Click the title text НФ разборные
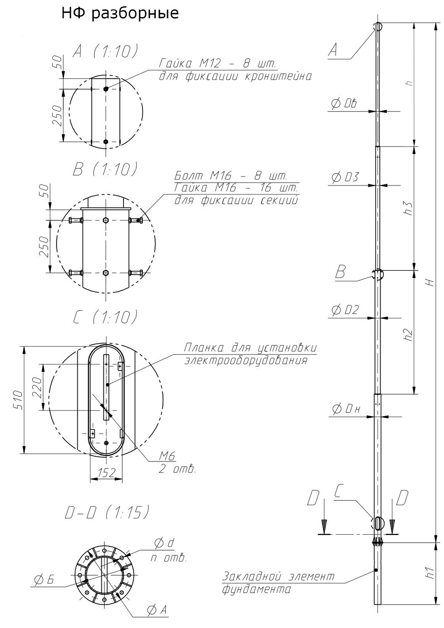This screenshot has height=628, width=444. [x=120, y=14]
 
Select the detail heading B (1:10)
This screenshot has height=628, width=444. [x=105, y=169]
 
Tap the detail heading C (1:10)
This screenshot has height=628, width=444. [x=105, y=317]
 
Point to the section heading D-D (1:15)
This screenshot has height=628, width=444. [x=107, y=512]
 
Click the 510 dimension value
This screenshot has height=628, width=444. [x=17, y=400]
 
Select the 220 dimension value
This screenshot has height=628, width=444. [x=37, y=387]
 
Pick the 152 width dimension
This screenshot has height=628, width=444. [x=106, y=473]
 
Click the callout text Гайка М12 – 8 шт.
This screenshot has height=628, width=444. [x=217, y=64]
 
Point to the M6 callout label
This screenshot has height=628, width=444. [x=166, y=456]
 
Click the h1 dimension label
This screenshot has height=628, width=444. [x=429, y=573]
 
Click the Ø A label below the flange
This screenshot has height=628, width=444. [x=157, y=610]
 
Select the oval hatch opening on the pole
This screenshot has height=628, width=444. [x=378, y=522]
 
